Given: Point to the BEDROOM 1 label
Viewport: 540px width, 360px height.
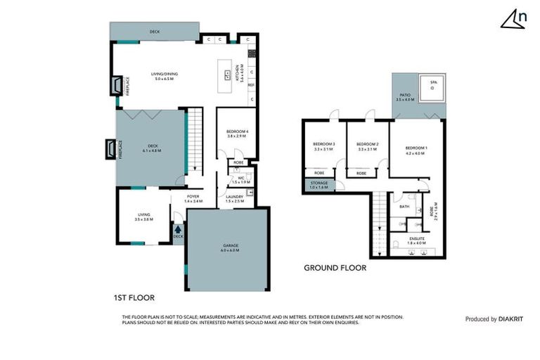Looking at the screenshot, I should [x=416, y=148].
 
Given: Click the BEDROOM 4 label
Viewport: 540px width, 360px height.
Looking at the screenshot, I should [x=236, y=131].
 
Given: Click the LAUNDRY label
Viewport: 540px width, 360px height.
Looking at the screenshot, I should [x=234, y=198].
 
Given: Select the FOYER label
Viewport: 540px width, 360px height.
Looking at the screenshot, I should [x=193, y=198].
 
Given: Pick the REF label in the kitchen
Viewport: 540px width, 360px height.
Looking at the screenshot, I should [x=251, y=85].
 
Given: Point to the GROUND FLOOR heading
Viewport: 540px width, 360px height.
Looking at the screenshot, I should [x=335, y=268].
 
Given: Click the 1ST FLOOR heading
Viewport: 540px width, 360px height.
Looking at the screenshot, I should [x=134, y=297].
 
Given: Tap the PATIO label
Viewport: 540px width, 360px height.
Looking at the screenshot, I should [x=405, y=94].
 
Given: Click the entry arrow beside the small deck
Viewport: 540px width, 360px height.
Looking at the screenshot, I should [x=178, y=228].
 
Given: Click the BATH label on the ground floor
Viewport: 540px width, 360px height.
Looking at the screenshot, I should [x=404, y=207].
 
